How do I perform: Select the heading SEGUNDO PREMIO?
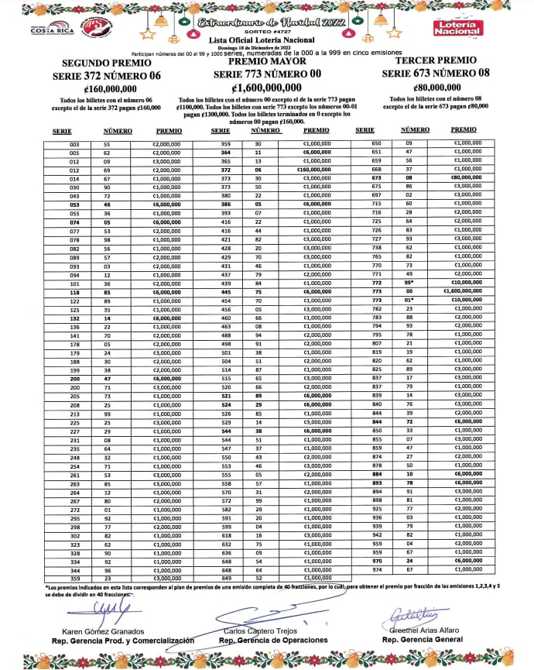coord(101,63)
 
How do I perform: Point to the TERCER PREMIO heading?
coord(436,60)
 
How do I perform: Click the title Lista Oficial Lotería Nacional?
coord(265,39)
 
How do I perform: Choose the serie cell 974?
coord(377,569)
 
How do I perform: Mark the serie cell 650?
coord(377,145)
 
